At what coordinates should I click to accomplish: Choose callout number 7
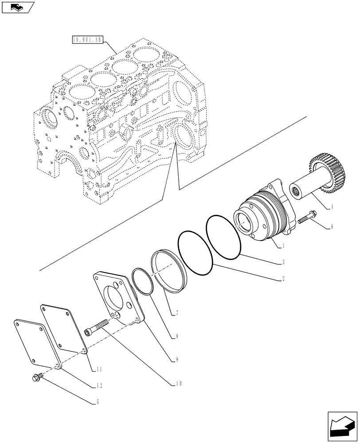click(177, 313)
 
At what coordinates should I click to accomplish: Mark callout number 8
click(177, 337)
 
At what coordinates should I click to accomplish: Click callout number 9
click(177, 360)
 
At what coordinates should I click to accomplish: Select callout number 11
click(100, 369)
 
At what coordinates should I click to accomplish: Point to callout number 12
click(100, 386)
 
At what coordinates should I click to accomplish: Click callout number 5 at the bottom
click(98, 402)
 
